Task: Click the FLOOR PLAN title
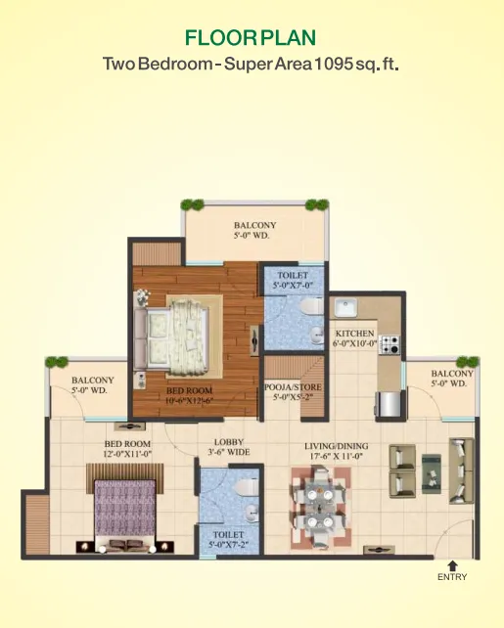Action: pyautogui.click(x=251, y=38)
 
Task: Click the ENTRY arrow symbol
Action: pyautogui.click(x=452, y=564)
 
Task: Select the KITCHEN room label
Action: pyautogui.click(x=354, y=333)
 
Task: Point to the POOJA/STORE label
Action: pyautogui.click(x=293, y=387)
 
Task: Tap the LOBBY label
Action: pyautogui.click(x=227, y=441)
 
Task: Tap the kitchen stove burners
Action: pyautogui.click(x=390, y=344)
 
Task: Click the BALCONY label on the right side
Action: pyautogui.click(x=452, y=374)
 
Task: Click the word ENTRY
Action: pyautogui.click(x=452, y=577)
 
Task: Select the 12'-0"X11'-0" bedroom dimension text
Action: pyautogui.click(x=127, y=453)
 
